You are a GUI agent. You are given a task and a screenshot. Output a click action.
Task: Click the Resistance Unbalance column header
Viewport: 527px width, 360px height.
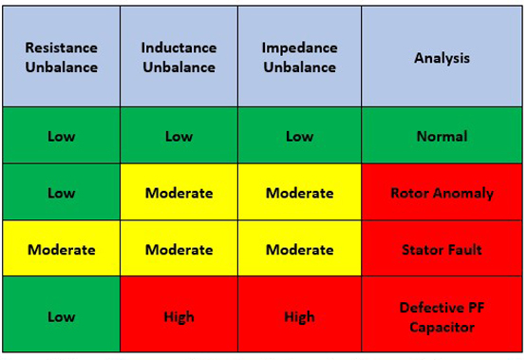[x=62, y=57]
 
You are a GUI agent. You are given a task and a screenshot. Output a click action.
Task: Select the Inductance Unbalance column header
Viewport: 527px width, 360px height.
[x=179, y=57]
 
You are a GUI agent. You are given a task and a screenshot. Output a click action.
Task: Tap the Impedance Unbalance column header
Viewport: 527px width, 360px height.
[x=299, y=57]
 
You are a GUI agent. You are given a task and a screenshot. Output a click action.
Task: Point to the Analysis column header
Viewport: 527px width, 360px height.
[x=442, y=57]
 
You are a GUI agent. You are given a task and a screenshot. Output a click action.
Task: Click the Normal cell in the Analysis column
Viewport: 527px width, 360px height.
[x=442, y=136]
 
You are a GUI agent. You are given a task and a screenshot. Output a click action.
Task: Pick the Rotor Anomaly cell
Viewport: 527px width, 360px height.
[x=442, y=193]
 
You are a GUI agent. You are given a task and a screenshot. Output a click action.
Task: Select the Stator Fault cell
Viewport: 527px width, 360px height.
[x=442, y=250]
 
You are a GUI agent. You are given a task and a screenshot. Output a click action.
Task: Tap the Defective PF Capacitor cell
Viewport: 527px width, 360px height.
[x=442, y=317]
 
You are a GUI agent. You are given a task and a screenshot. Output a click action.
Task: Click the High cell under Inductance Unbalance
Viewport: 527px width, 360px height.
[x=179, y=317]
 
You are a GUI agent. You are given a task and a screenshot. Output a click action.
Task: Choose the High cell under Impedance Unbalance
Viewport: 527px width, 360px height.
[x=299, y=317]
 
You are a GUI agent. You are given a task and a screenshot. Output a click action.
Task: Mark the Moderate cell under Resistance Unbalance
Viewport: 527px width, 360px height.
[x=62, y=250]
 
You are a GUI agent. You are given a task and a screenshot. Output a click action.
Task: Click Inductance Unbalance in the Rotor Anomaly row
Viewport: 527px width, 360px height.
[x=179, y=193]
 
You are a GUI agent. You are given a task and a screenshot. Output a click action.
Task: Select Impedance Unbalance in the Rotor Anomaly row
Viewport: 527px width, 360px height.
[x=299, y=193]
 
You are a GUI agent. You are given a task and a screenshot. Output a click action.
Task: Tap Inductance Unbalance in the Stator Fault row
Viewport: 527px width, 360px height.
[x=179, y=250]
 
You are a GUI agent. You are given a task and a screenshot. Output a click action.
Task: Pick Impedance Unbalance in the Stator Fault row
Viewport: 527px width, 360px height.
[x=299, y=250]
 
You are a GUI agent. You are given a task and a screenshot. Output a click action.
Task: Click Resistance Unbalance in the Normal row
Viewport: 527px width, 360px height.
[x=62, y=136]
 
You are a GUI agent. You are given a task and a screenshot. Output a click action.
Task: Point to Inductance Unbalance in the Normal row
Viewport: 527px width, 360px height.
[x=179, y=136]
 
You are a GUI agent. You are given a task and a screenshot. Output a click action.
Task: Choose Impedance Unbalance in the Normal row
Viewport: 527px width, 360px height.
[x=299, y=136]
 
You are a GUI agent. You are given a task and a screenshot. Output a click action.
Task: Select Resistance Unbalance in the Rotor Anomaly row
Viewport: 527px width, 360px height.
[x=62, y=193]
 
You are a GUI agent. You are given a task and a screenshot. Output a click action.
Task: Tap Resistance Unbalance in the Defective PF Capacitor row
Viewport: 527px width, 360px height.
[x=62, y=317]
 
